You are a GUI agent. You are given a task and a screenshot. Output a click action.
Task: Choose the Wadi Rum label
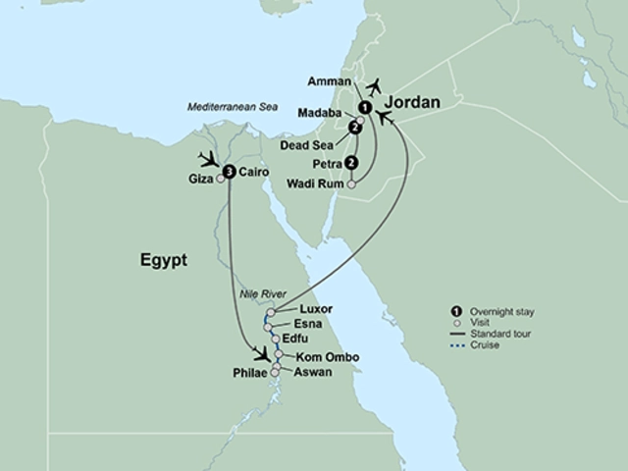tap(315, 183)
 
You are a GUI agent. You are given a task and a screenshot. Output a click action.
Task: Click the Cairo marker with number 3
tap(229, 172)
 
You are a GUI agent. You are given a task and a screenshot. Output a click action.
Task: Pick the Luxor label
tap(302, 310)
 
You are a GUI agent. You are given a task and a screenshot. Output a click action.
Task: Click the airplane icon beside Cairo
tap(209, 158)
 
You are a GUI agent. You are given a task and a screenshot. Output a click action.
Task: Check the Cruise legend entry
tap(485, 344)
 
